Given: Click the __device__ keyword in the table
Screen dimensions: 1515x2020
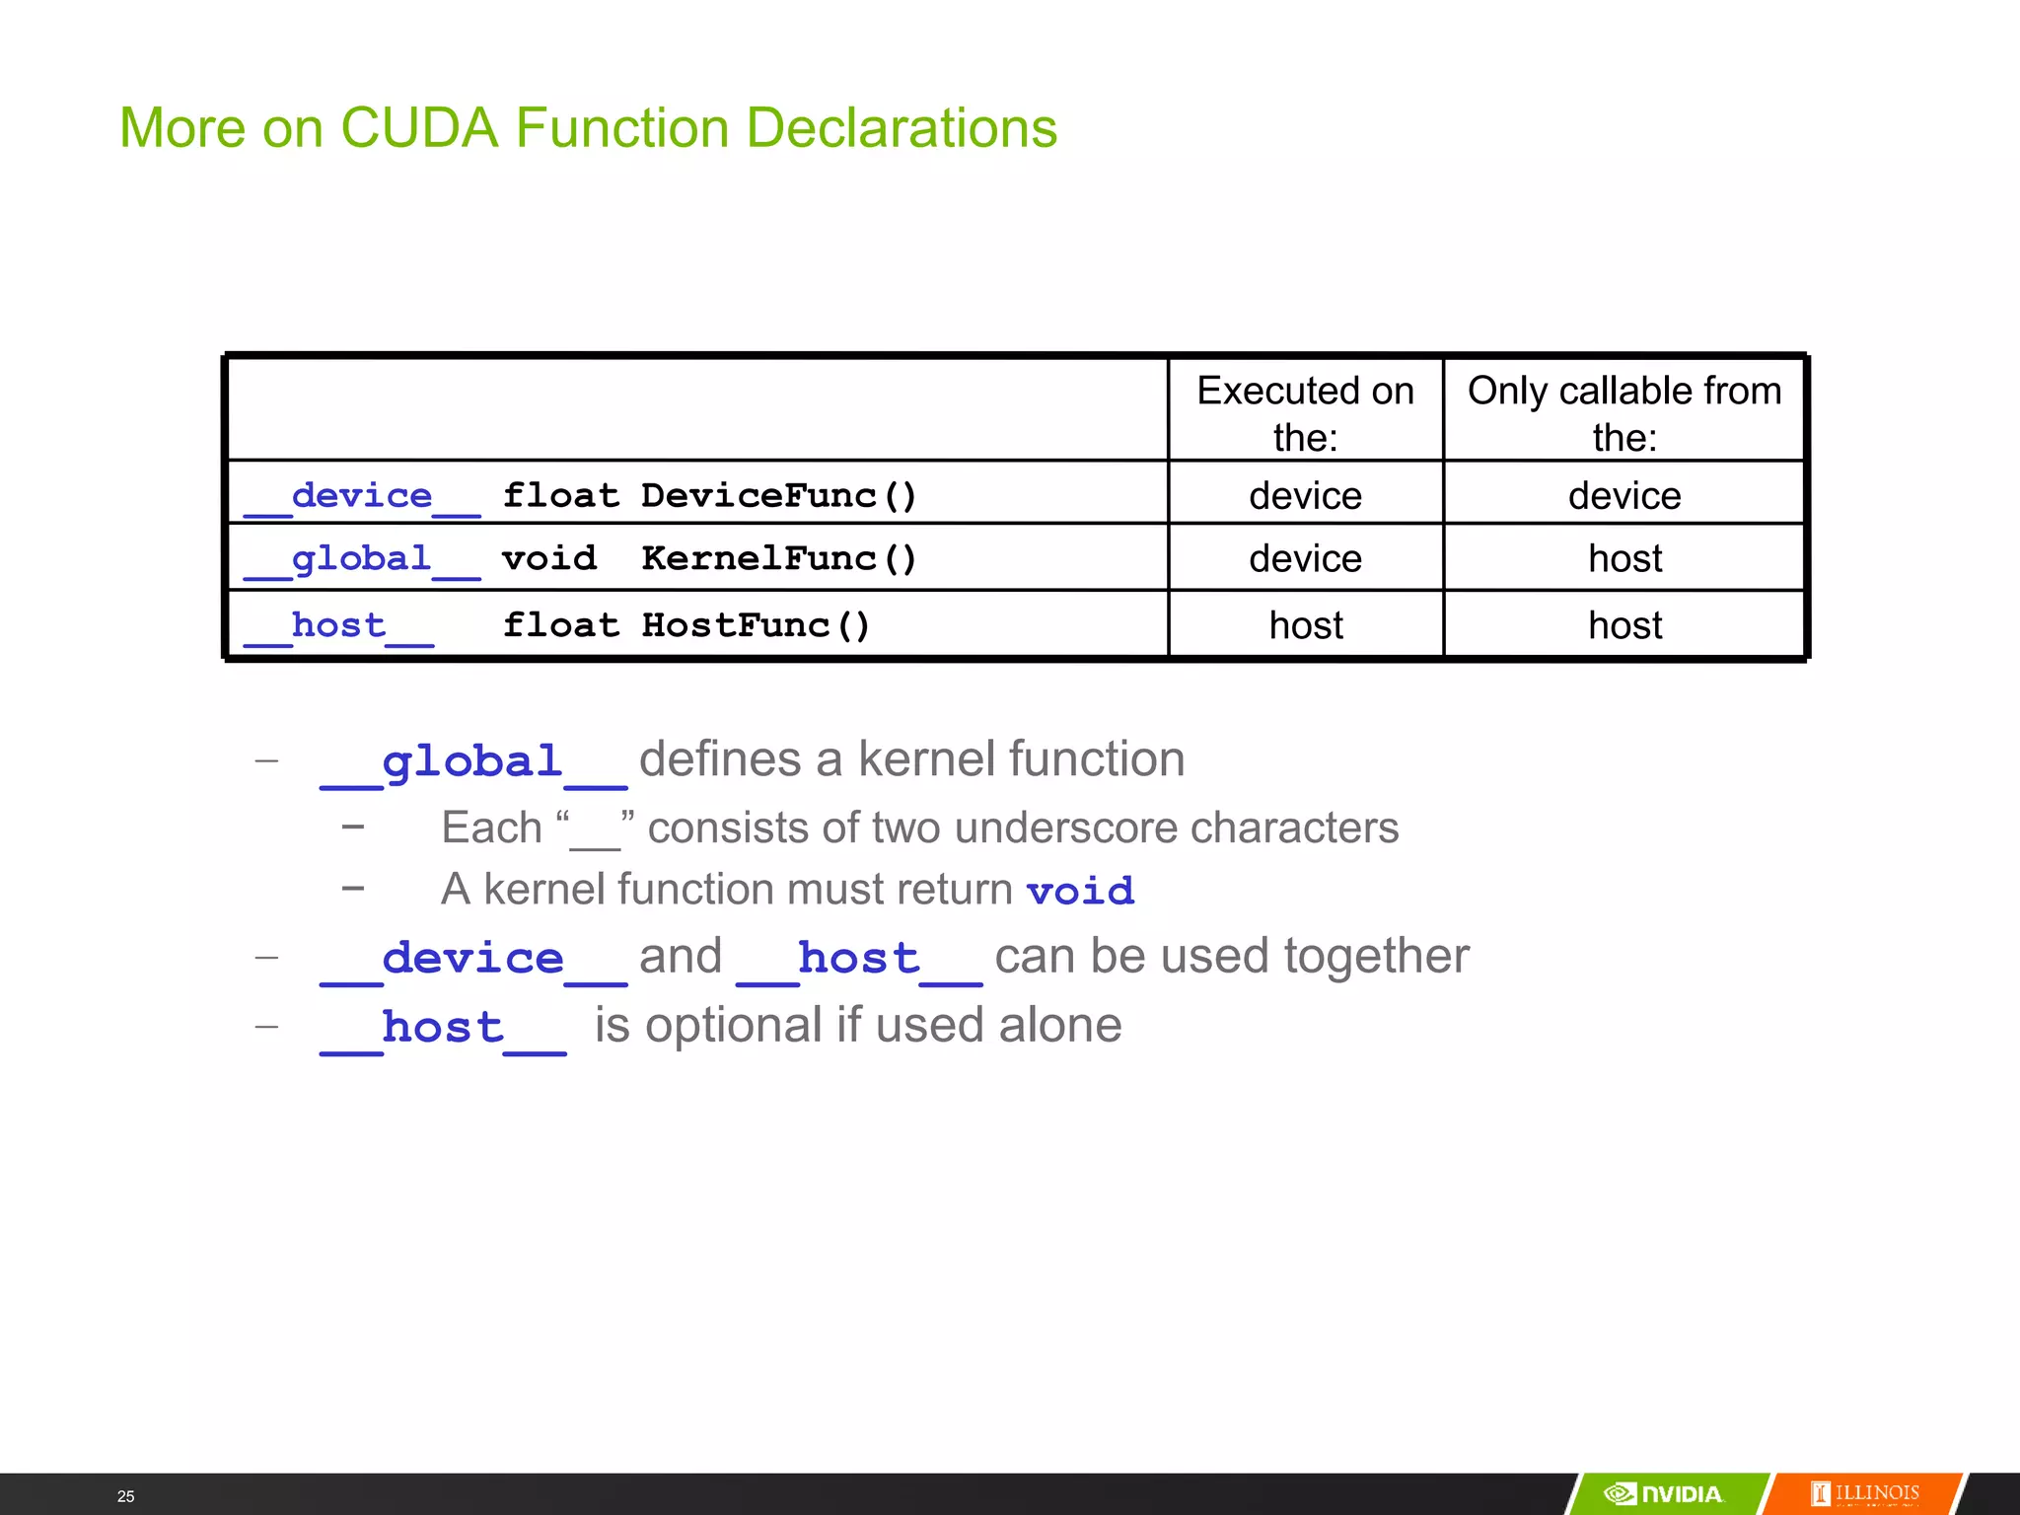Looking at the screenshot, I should click(362, 496).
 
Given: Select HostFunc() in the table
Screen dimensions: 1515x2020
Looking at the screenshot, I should click(755, 625).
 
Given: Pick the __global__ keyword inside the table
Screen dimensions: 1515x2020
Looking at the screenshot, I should click(362, 559).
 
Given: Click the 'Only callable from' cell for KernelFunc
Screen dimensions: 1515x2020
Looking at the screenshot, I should click(1624, 559).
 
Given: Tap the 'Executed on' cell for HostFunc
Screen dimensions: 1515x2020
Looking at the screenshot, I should click(1306, 625).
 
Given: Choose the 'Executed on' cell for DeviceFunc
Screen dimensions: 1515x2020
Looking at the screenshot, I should click(1305, 495).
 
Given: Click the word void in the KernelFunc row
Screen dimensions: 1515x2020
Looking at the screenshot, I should click(549, 558).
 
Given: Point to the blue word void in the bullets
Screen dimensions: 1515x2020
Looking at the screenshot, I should click(1080, 891).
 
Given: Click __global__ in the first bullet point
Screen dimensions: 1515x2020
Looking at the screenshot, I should click(473, 762).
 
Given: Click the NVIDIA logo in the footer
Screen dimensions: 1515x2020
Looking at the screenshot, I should click(1665, 1493).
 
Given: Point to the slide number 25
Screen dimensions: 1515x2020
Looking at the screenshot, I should click(125, 1496).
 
